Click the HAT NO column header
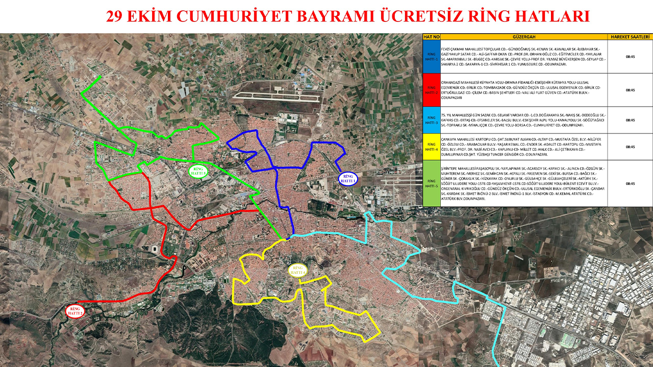tap(432, 37)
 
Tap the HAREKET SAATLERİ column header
tap(630, 37)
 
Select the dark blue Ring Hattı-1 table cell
tap(432, 57)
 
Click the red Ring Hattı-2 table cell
tap(432, 90)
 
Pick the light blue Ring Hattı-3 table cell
tap(432, 120)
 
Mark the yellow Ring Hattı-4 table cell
tap(432, 146)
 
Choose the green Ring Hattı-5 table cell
tap(432, 183)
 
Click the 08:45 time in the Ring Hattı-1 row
tap(630, 57)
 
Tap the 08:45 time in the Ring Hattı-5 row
tap(630, 183)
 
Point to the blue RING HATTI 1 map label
tap(348, 178)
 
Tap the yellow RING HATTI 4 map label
tap(297, 270)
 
